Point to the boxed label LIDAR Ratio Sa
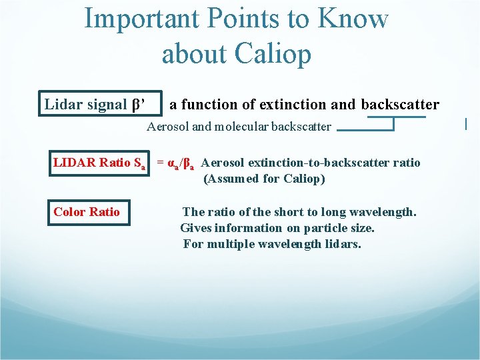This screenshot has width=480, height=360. point(100,163)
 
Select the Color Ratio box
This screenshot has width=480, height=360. point(87,212)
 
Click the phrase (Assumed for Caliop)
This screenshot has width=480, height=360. point(264,179)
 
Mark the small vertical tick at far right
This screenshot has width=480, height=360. point(465,123)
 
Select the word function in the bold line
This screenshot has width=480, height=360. point(209,105)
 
